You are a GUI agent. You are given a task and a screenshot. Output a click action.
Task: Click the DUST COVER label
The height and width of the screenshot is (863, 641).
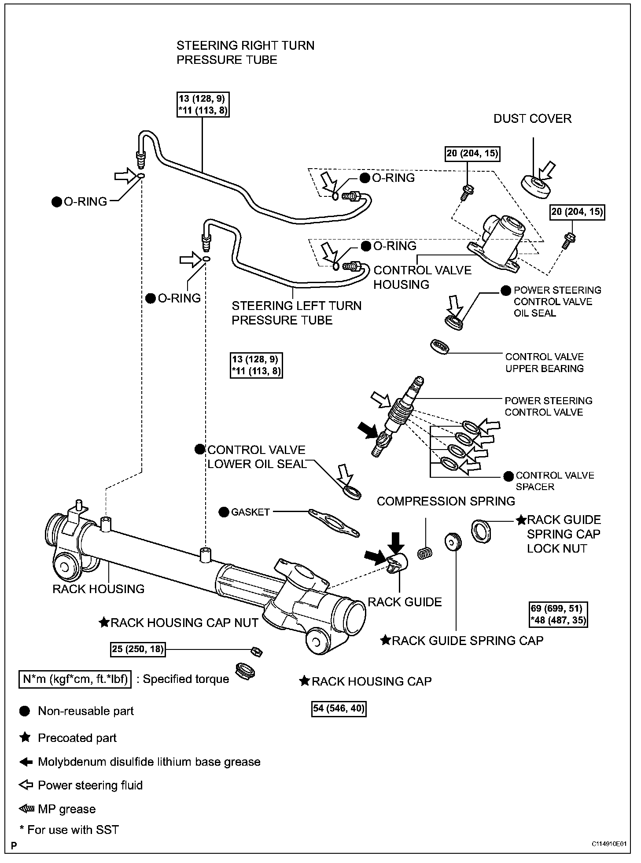click(x=532, y=118)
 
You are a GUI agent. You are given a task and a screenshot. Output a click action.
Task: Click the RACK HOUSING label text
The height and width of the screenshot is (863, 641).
click(x=98, y=589)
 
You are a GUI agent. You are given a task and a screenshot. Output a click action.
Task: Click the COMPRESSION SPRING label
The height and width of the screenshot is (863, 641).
click(x=446, y=501)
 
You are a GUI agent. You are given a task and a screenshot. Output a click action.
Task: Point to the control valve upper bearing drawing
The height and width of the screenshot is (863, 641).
click(x=439, y=346)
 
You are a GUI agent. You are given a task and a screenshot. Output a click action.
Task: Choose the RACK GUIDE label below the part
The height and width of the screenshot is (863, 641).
click(x=405, y=602)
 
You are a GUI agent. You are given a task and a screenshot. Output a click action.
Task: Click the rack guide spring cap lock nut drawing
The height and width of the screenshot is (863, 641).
click(x=481, y=531)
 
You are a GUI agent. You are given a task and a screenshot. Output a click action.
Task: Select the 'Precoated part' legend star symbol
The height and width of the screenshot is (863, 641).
click(x=25, y=738)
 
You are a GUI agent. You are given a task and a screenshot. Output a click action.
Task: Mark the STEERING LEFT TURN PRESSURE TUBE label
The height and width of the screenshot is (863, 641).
click(x=296, y=313)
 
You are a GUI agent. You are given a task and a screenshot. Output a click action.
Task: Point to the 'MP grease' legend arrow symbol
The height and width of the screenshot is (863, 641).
click(x=26, y=809)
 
